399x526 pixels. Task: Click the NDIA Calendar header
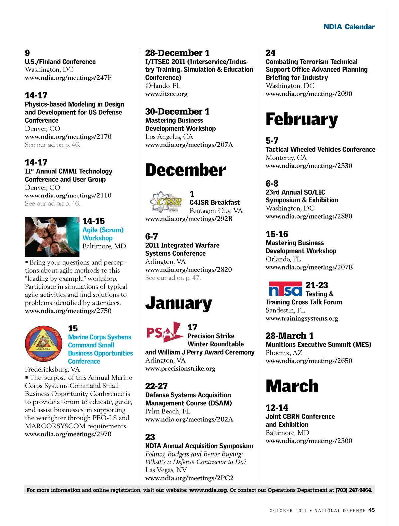[349, 27]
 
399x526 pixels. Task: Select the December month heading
[185, 170]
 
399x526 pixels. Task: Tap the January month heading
[179, 303]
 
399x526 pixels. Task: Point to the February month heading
[302, 119]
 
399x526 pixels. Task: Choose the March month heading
[292, 386]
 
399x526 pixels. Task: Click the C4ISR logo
[166, 201]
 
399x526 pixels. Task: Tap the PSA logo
[164, 332]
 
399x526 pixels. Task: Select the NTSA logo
[285, 289]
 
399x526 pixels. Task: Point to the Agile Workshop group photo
[52, 237]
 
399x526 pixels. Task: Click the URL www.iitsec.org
[166, 94]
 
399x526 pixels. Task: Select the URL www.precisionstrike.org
[180, 369]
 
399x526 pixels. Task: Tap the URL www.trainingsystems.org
[302, 319]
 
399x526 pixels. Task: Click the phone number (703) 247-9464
[354, 490]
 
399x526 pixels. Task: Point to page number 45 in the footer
[371, 510]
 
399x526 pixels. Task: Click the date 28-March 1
[289, 336]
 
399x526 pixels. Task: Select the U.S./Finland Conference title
[60, 62]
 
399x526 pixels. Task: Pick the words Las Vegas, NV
[166, 470]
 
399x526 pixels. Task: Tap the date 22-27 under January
[156, 386]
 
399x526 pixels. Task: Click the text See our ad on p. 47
[173, 278]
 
